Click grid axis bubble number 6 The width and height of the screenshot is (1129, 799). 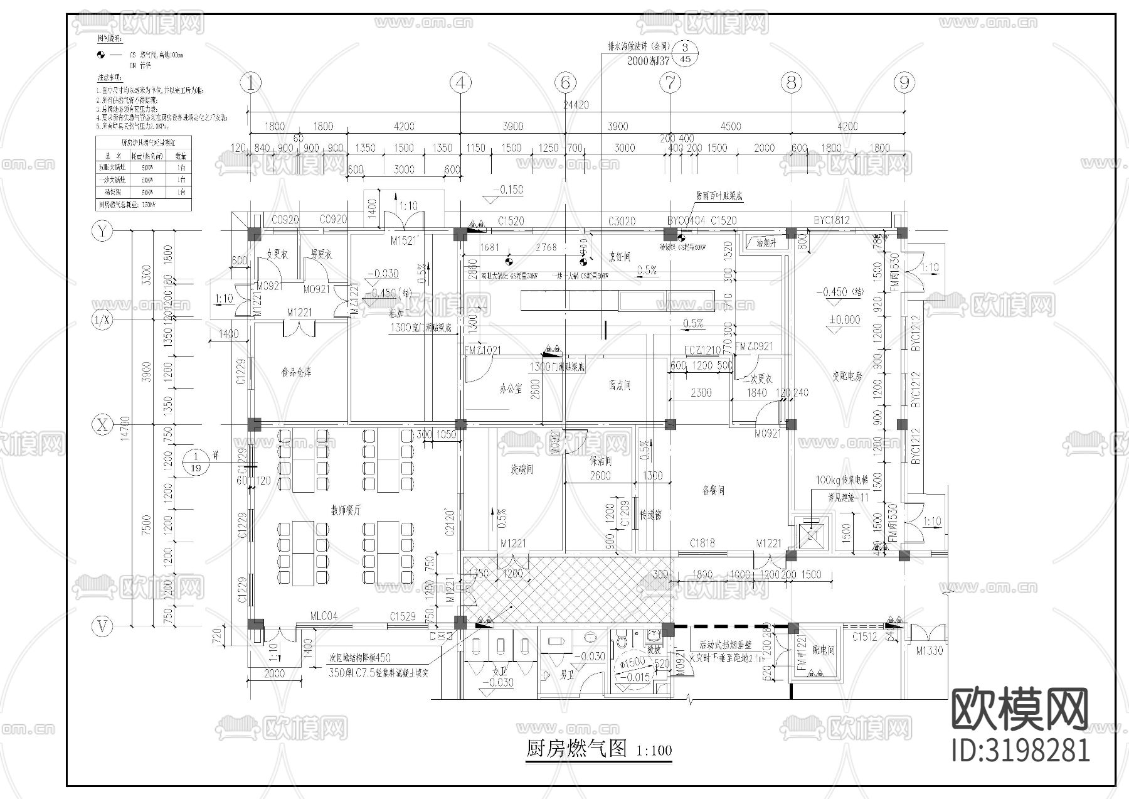(565, 82)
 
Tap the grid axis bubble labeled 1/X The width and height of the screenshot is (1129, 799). (102, 321)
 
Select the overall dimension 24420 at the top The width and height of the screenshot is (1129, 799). (576, 105)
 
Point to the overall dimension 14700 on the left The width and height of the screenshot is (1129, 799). (124, 429)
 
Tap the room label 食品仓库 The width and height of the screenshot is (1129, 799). (296, 372)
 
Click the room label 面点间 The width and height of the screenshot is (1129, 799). (619, 385)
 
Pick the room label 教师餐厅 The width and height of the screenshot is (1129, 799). (346, 511)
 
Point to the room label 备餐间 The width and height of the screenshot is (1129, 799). (713, 490)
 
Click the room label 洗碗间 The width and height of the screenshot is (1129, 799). (521, 469)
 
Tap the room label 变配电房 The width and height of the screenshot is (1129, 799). (846, 377)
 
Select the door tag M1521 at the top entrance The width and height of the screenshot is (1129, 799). (405, 240)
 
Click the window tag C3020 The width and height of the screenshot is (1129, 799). (622, 221)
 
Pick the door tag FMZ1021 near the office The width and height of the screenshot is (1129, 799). (482, 350)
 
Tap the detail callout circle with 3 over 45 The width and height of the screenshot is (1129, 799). (686, 53)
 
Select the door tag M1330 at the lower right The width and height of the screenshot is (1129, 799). (929, 651)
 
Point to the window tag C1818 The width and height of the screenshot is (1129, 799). (702, 543)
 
